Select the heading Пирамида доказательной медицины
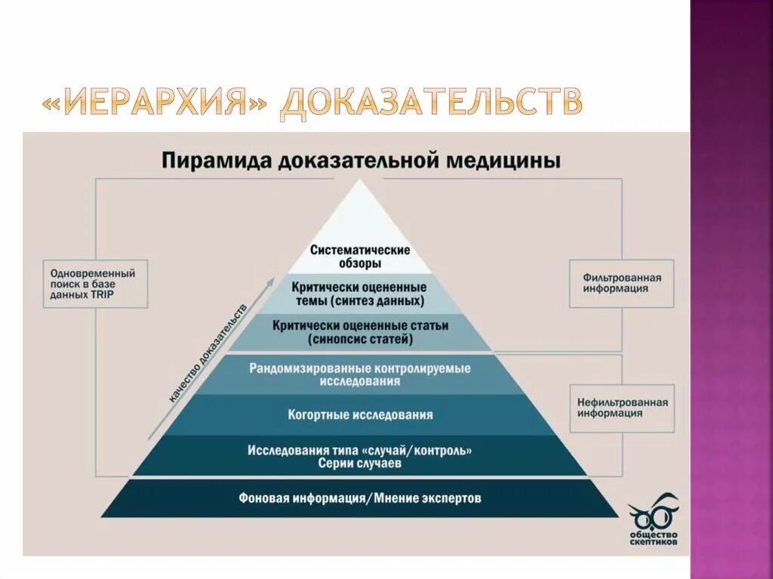click(360, 162)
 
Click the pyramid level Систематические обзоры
click(360, 257)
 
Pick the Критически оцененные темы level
click(359, 294)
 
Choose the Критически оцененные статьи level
click(359, 333)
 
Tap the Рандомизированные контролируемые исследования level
click(359, 374)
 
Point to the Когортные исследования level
click(360, 414)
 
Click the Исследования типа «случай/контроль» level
click(359, 450)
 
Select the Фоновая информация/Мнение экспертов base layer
click(359, 498)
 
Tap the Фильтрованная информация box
click(621, 283)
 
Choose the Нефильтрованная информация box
click(622, 408)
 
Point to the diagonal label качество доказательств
click(208, 352)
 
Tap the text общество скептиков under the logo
click(653, 537)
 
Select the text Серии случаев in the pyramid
click(359, 464)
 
